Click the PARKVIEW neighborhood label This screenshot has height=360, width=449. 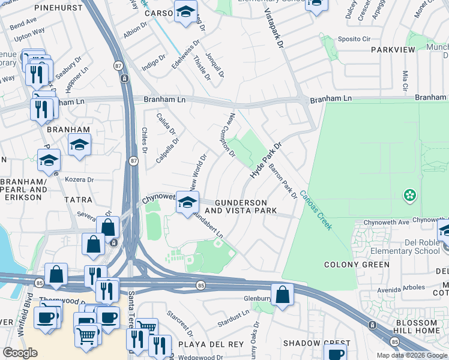[393, 50]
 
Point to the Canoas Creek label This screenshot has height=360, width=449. [316, 210]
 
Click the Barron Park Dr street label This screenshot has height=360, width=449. [283, 181]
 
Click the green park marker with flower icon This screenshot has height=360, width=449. [410, 195]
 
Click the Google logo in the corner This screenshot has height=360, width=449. [20, 352]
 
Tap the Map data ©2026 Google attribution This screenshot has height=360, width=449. [411, 355]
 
